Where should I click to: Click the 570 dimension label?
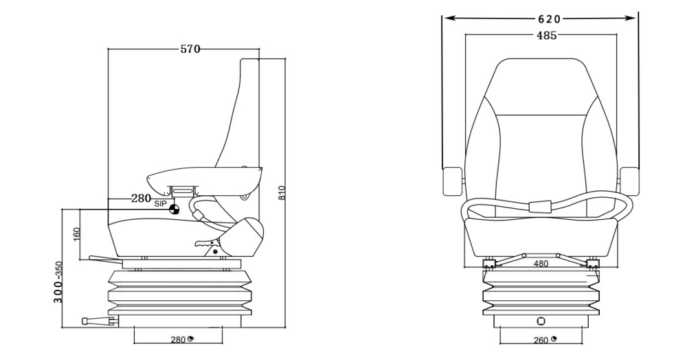coord(190,49)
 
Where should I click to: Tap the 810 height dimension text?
coord(282,193)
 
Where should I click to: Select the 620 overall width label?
coord(549,19)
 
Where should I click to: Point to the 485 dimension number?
coord(546,36)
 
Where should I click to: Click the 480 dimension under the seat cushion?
coord(541,264)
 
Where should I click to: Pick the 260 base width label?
coord(541,340)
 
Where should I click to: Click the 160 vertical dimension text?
coord(77,234)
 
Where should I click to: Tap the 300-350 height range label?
coord(58,282)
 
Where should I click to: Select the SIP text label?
coord(160,203)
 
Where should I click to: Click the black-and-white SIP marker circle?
coord(174,210)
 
